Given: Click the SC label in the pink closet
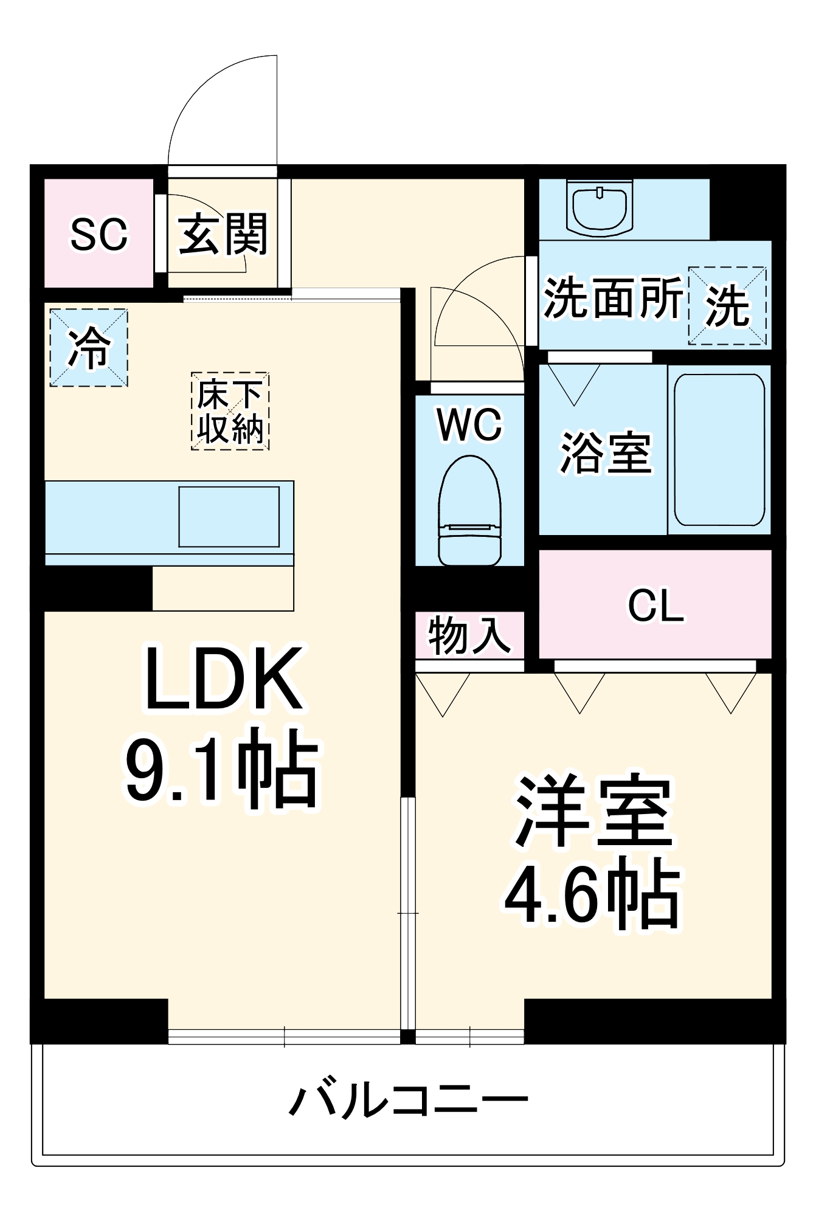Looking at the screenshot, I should click(99, 234).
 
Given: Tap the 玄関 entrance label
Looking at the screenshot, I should click(223, 234).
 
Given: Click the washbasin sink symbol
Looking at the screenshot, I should click(600, 208).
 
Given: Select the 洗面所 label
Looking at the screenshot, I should click(612, 298).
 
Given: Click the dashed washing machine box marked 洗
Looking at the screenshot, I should click(727, 306).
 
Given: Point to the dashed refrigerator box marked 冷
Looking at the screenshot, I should click(89, 348).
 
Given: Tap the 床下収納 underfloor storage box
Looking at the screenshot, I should click(230, 411).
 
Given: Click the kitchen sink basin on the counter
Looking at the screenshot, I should click(229, 516).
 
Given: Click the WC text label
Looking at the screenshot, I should click(469, 424).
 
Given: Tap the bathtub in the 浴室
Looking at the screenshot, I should click(719, 449).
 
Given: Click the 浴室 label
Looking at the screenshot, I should click(605, 453).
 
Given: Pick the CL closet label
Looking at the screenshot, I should click(655, 606).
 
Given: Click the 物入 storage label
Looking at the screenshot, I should click(469, 635).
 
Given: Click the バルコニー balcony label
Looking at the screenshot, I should click(408, 1100).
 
